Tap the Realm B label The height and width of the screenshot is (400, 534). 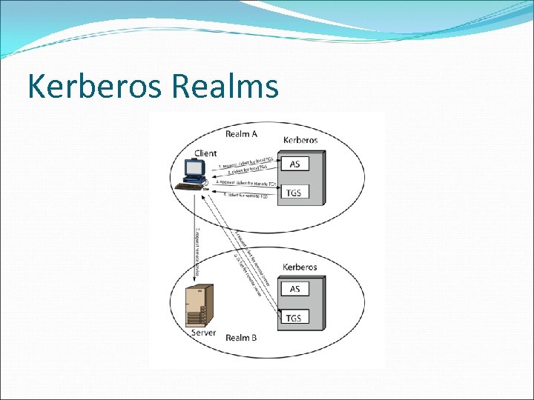[242, 338]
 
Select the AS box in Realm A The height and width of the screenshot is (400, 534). [294, 163]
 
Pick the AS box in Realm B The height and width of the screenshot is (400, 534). [294, 288]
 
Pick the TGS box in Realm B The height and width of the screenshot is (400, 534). [294, 319]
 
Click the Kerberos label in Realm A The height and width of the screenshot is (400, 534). [300, 139]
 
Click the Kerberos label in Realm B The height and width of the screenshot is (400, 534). [300, 267]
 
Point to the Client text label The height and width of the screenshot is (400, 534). [205, 153]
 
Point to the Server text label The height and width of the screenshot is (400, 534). [204, 333]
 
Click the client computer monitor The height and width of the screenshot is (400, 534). [194, 170]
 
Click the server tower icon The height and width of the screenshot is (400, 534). [196, 306]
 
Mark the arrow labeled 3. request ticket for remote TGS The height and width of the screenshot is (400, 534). [245, 183]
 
